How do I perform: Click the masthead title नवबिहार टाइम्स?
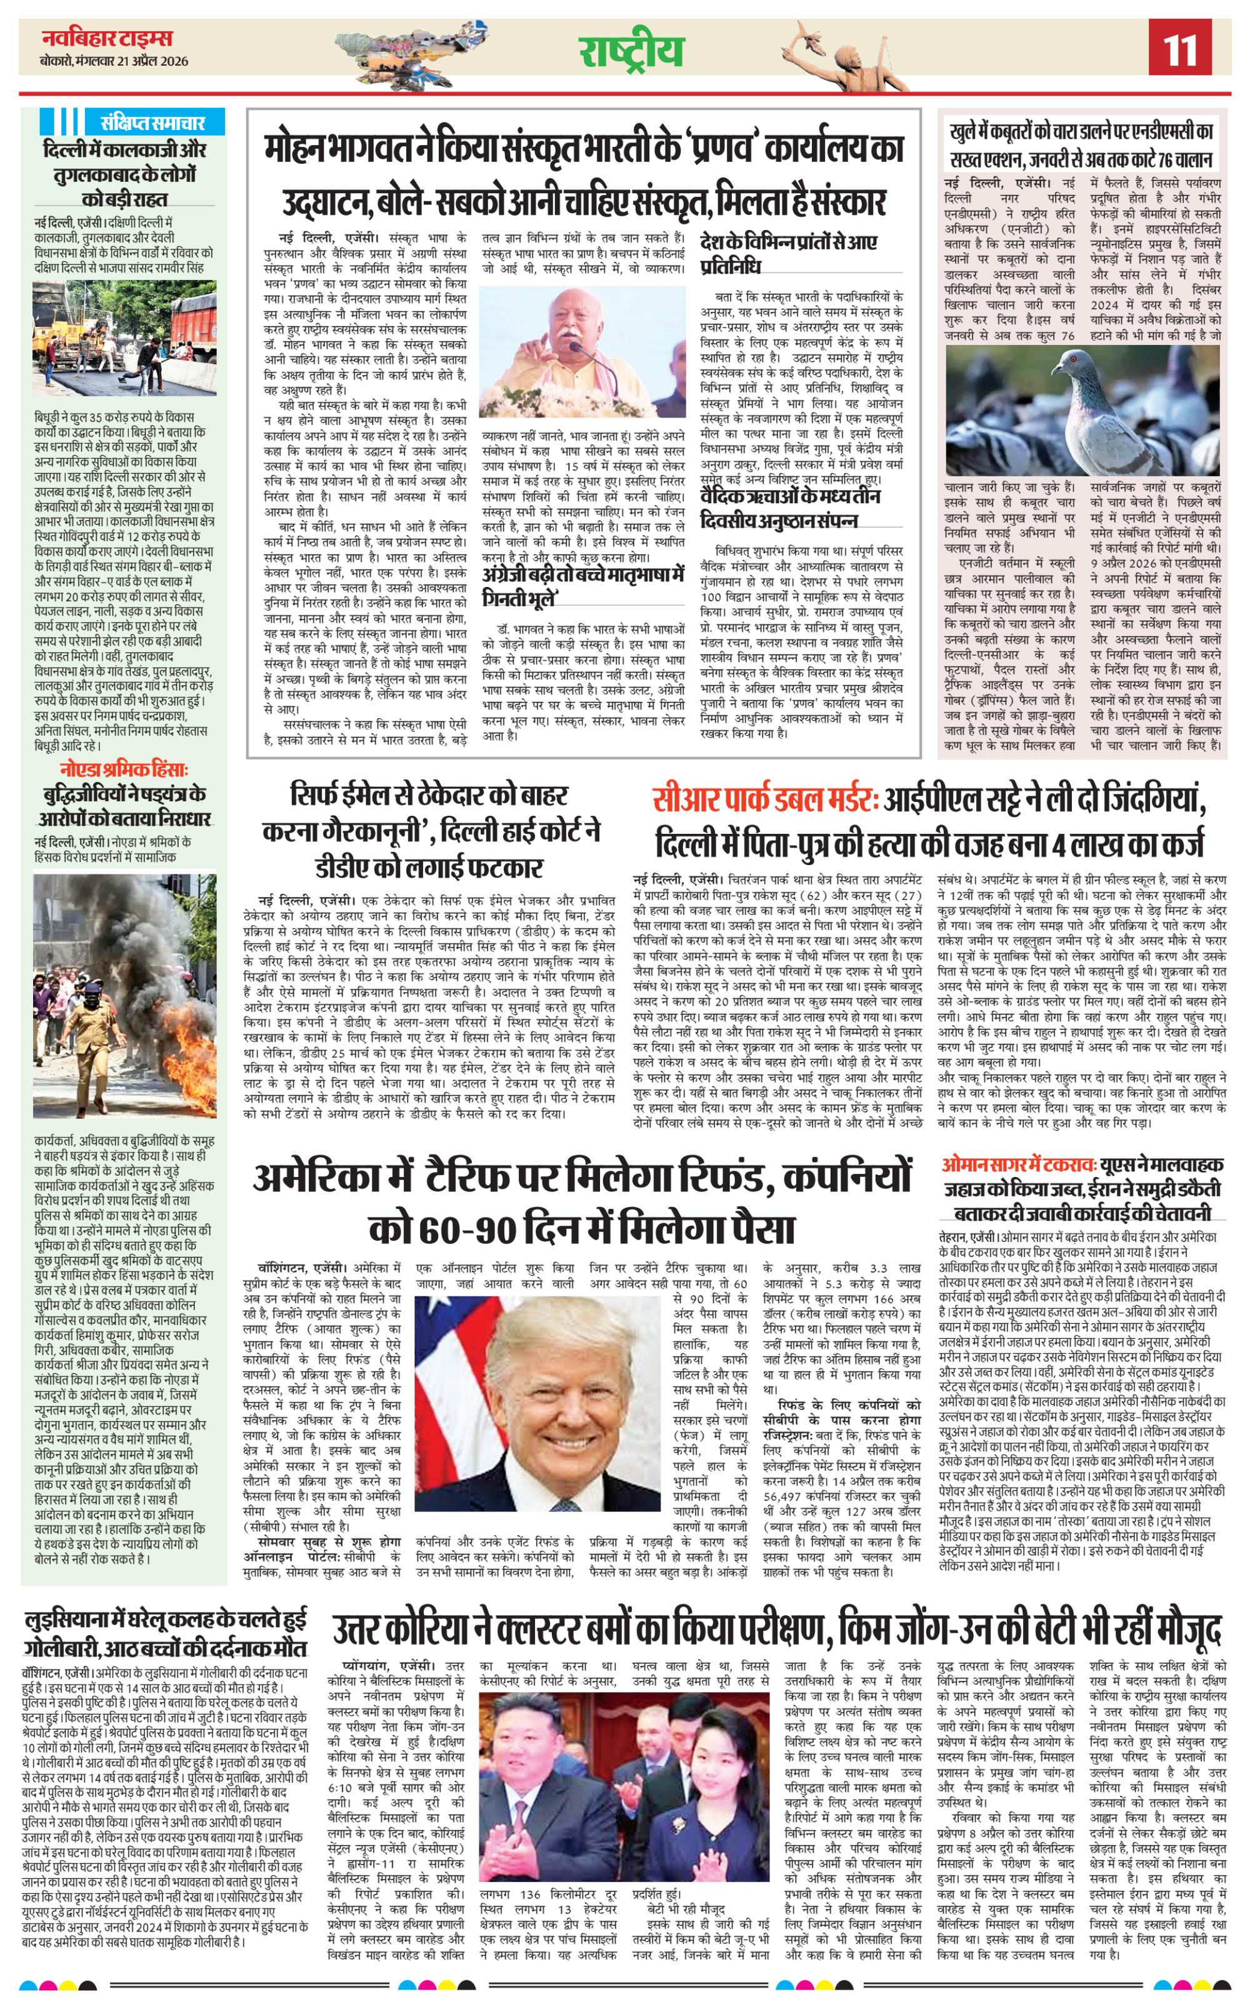click(x=107, y=38)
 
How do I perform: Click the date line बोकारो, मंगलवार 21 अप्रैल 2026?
click(x=114, y=61)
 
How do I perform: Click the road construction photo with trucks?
click(x=125, y=338)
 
